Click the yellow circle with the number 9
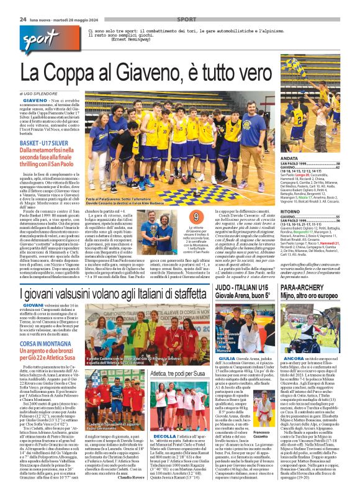[x=196, y=217]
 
